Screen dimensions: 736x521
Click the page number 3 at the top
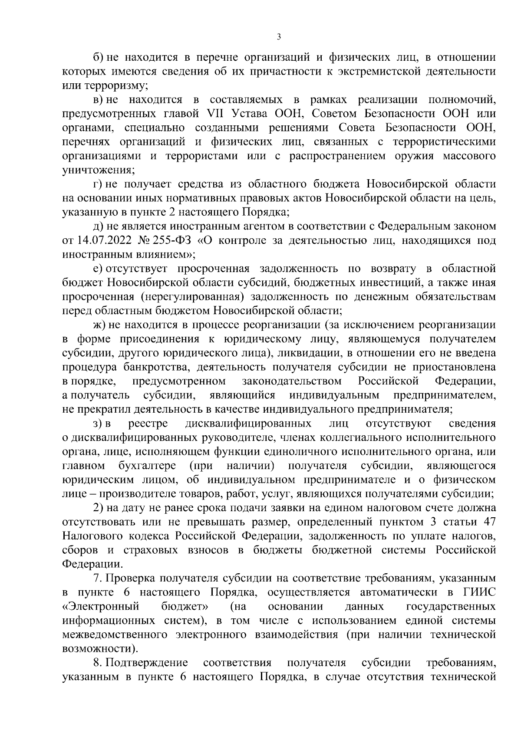[279, 37]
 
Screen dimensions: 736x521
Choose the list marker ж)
[101, 325]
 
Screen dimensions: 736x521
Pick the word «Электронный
[101, 606]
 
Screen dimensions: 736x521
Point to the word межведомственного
[115, 634]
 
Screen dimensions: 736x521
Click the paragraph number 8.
[98, 663]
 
